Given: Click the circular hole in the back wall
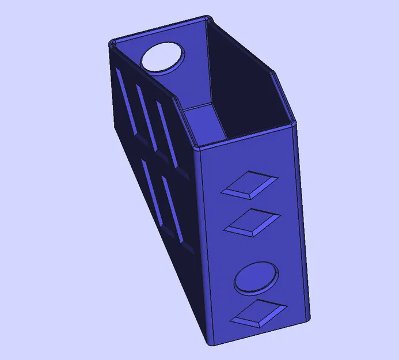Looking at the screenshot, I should [164, 58].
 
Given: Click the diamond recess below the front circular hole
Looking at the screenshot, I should [259, 313].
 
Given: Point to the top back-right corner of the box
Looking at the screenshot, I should [207, 18].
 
